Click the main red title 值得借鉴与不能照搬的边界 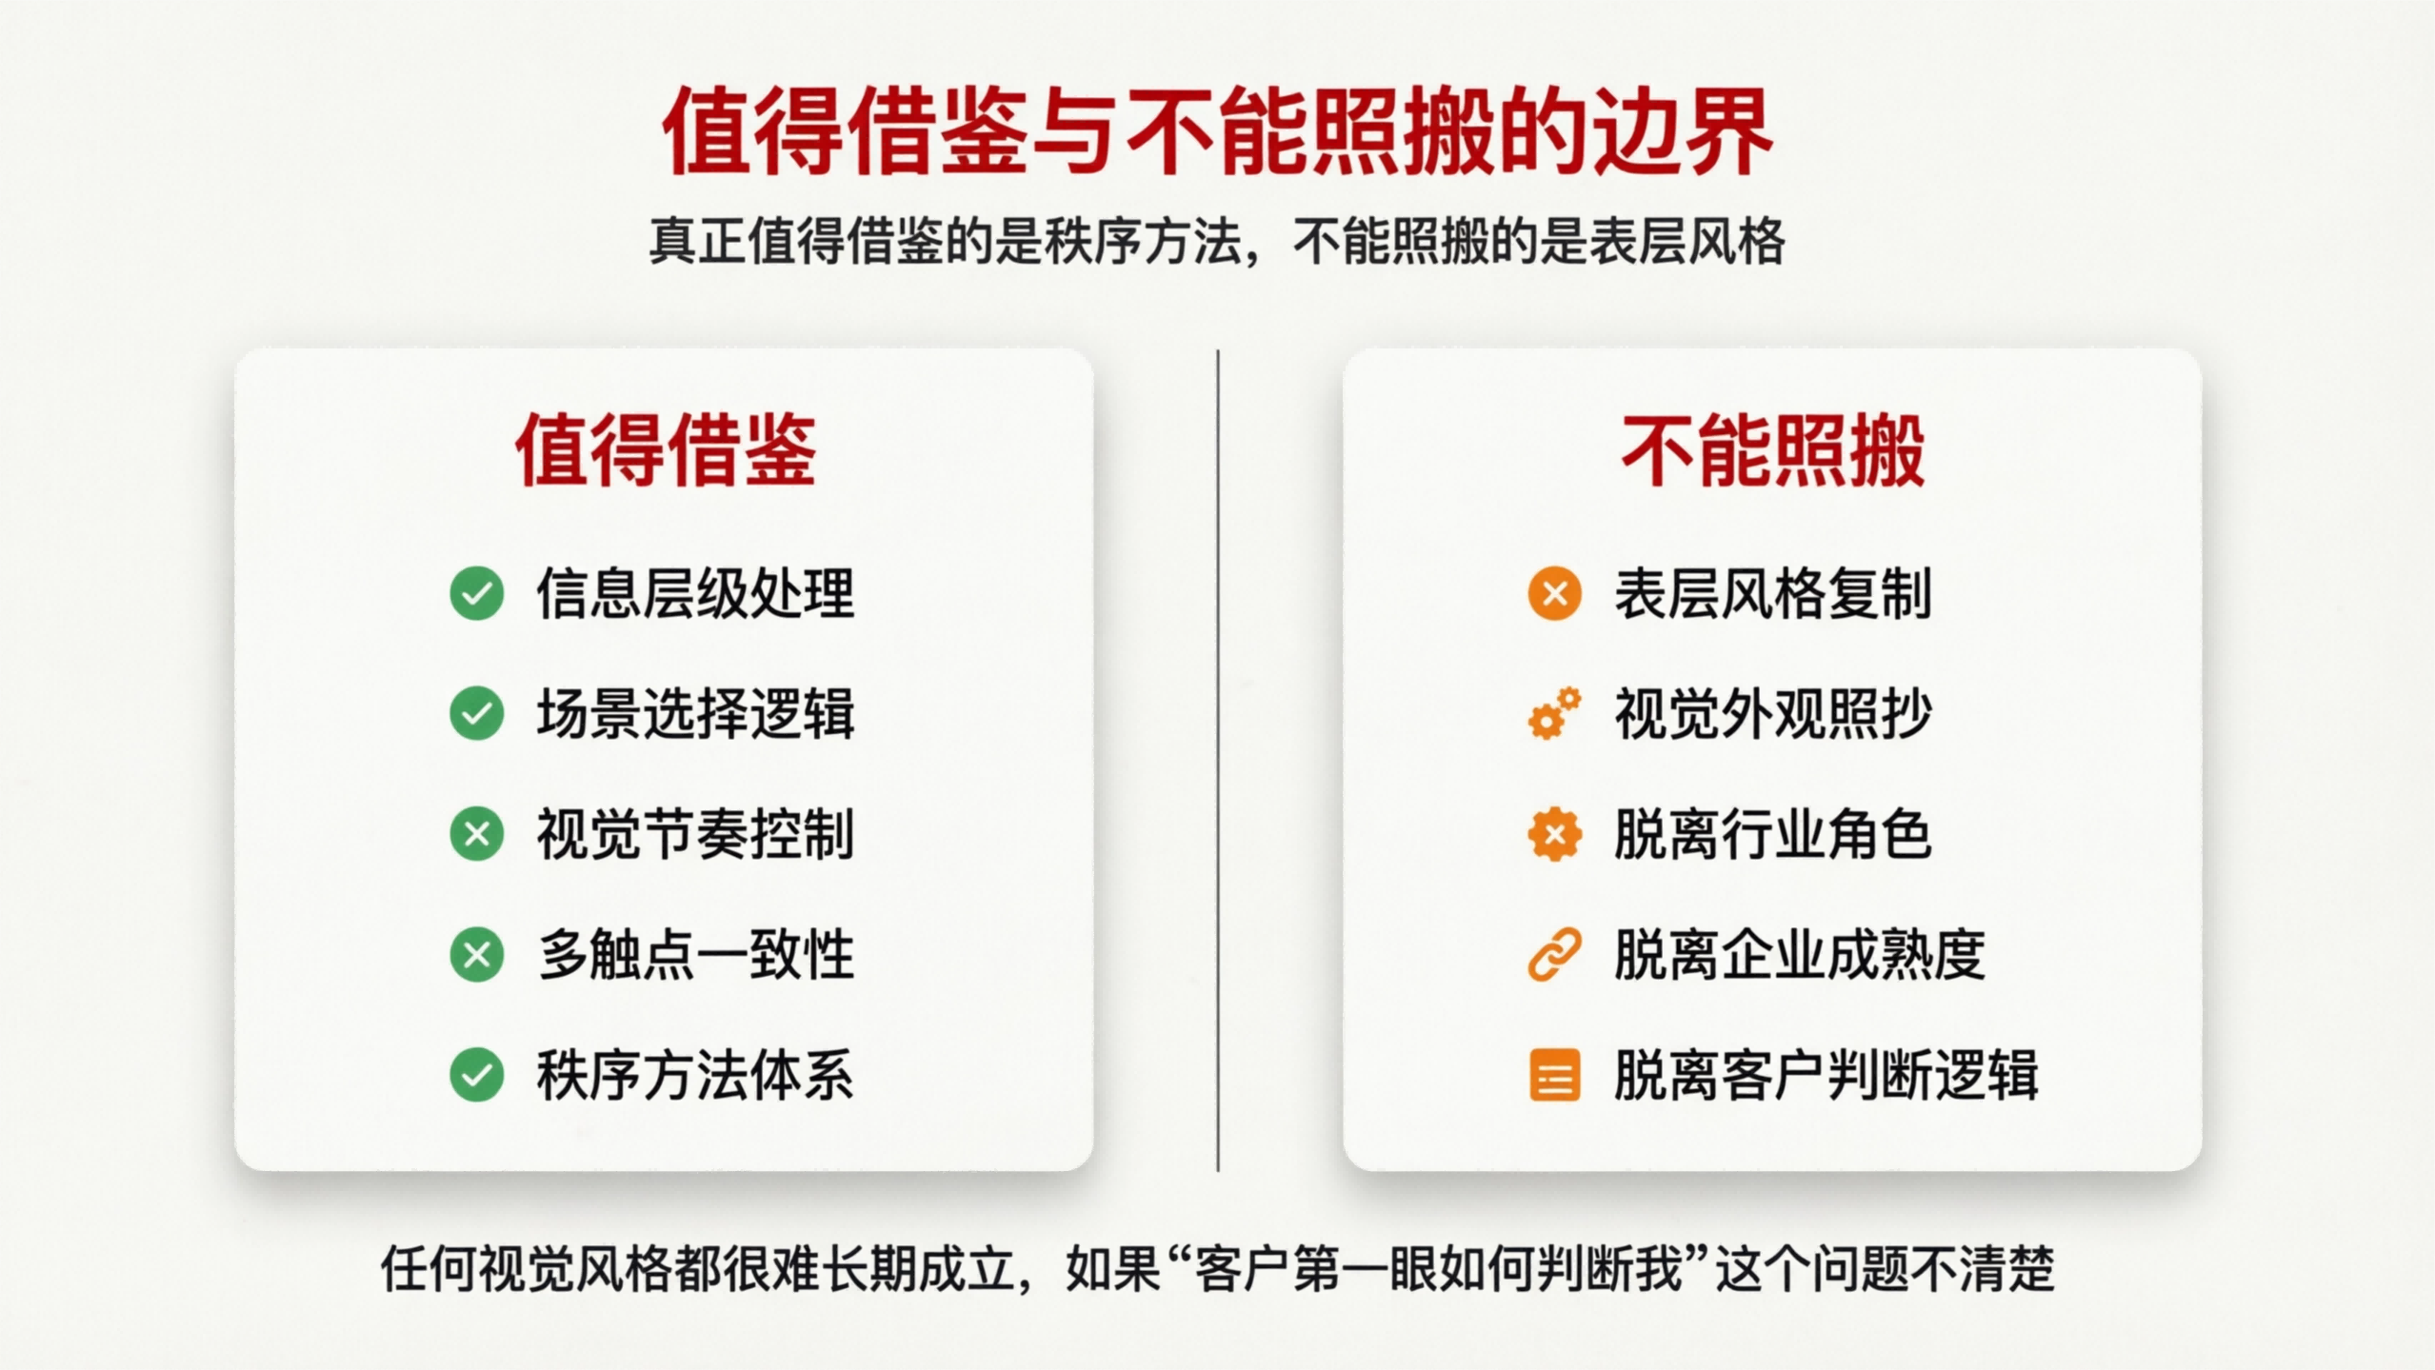pyautogui.click(x=1217, y=131)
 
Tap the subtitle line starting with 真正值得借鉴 pyautogui.click(x=1217, y=242)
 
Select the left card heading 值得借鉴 pyautogui.click(x=666, y=450)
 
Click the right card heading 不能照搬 pyautogui.click(x=1772, y=450)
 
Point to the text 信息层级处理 pyautogui.click(x=695, y=593)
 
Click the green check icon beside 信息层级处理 pyautogui.click(x=477, y=593)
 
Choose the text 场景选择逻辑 pyautogui.click(x=695, y=713)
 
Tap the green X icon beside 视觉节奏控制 pyautogui.click(x=477, y=834)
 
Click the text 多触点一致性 pyautogui.click(x=695, y=954)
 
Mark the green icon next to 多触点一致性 pyautogui.click(x=477, y=954)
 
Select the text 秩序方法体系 pyautogui.click(x=695, y=1075)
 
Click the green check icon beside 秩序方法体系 pyautogui.click(x=477, y=1075)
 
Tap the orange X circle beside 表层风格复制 pyautogui.click(x=1554, y=593)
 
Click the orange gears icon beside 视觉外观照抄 pyautogui.click(x=1554, y=713)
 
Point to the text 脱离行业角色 pyautogui.click(x=1772, y=834)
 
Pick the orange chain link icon pyautogui.click(x=1554, y=954)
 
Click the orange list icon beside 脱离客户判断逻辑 pyautogui.click(x=1554, y=1075)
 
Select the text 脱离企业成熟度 pyautogui.click(x=1799, y=954)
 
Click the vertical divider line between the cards pyautogui.click(x=1218, y=762)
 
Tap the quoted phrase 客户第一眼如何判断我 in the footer pyautogui.click(x=1438, y=1269)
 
